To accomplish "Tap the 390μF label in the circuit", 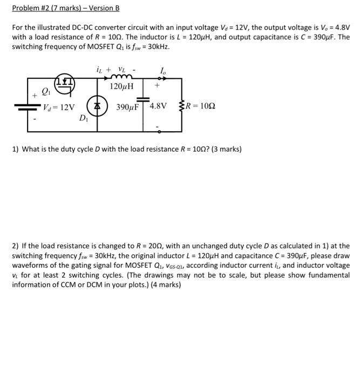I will tap(127, 106).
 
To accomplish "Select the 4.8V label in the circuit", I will tap(158, 106).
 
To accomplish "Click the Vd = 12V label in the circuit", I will tap(59, 107).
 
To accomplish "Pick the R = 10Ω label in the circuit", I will tap(200, 106).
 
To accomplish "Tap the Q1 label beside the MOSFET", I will tap(46, 91).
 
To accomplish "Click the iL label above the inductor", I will tap(98, 69).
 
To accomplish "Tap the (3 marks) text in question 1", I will tap(223, 148).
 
